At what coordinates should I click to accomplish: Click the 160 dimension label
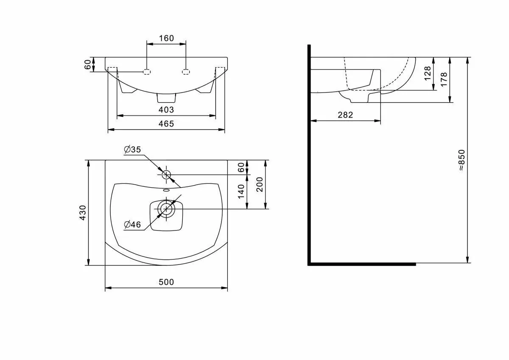166,38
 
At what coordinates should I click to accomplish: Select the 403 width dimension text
166,110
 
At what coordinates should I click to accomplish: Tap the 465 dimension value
166,124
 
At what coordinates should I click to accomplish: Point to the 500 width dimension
166,282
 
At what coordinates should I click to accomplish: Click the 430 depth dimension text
83,213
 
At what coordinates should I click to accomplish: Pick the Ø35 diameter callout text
132,149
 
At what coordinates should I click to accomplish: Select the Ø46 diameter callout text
132,225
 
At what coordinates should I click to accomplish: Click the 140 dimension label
241,191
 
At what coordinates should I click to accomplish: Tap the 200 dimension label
260,184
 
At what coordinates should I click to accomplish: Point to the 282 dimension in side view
345,115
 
